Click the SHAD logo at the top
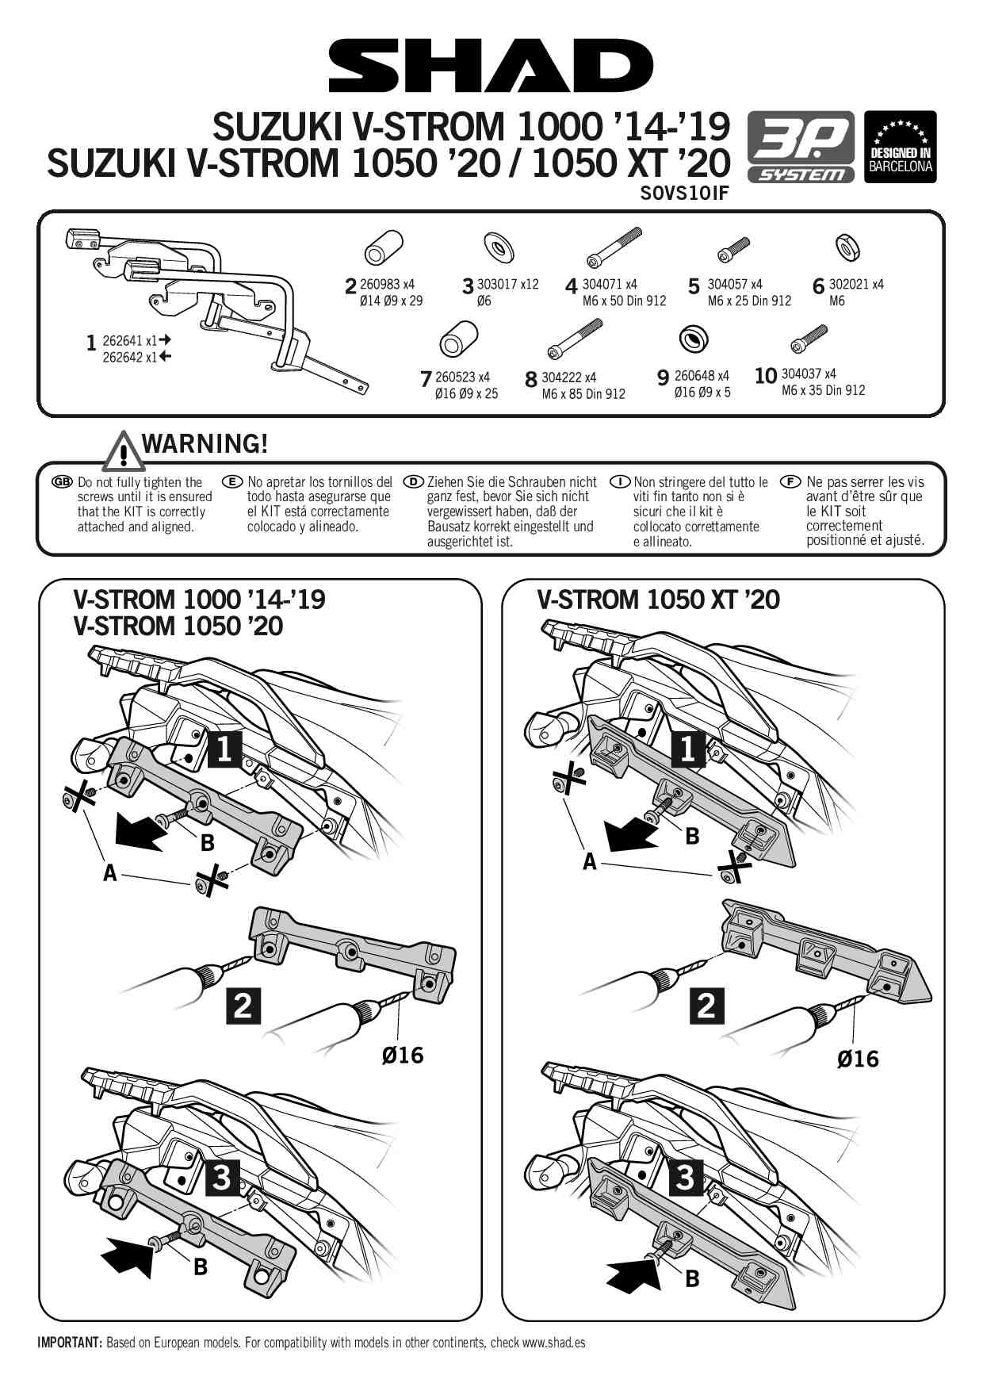click(x=491, y=66)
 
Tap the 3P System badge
click(x=801, y=148)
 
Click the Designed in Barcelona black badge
click(x=900, y=148)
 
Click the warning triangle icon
click(x=122, y=450)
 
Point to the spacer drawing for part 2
click(x=384, y=248)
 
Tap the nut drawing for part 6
click(x=848, y=248)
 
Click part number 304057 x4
click(x=735, y=284)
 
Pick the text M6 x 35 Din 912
click(x=823, y=390)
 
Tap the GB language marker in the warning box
click(x=61, y=482)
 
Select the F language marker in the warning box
click(x=790, y=482)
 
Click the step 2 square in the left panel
click(x=243, y=1006)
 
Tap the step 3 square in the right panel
click(x=686, y=1178)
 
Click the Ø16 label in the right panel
click(x=858, y=1059)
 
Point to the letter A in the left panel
click(x=109, y=873)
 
